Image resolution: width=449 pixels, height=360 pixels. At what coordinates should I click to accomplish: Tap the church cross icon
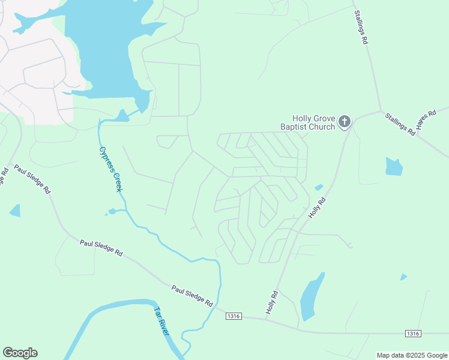coord(345,122)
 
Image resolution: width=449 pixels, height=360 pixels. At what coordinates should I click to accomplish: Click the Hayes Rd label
coord(427,121)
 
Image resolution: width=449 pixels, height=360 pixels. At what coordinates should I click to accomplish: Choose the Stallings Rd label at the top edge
coord(361,28)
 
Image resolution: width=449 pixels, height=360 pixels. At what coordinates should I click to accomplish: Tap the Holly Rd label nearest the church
coord(318,207)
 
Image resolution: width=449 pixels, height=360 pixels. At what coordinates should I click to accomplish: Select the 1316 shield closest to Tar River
coord(234,316)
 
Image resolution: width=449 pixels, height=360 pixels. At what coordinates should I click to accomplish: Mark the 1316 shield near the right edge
coord(412,334)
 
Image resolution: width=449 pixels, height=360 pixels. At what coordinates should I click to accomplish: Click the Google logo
coord(20,353)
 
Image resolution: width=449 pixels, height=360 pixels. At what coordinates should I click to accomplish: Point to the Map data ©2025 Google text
coord(412,355)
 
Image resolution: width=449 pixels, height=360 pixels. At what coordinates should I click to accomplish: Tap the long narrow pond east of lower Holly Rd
coord(311,297)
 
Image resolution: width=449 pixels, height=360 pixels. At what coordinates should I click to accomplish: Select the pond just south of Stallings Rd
coord(393,166)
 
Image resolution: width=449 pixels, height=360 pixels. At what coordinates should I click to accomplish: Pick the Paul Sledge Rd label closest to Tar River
coord(192,296)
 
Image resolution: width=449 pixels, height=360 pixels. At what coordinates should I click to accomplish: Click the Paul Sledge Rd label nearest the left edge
coord(32,180)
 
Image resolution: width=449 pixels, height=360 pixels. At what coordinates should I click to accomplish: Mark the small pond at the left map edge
coord(15,211)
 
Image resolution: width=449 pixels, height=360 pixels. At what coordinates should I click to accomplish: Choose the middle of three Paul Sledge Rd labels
coord(101,248)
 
